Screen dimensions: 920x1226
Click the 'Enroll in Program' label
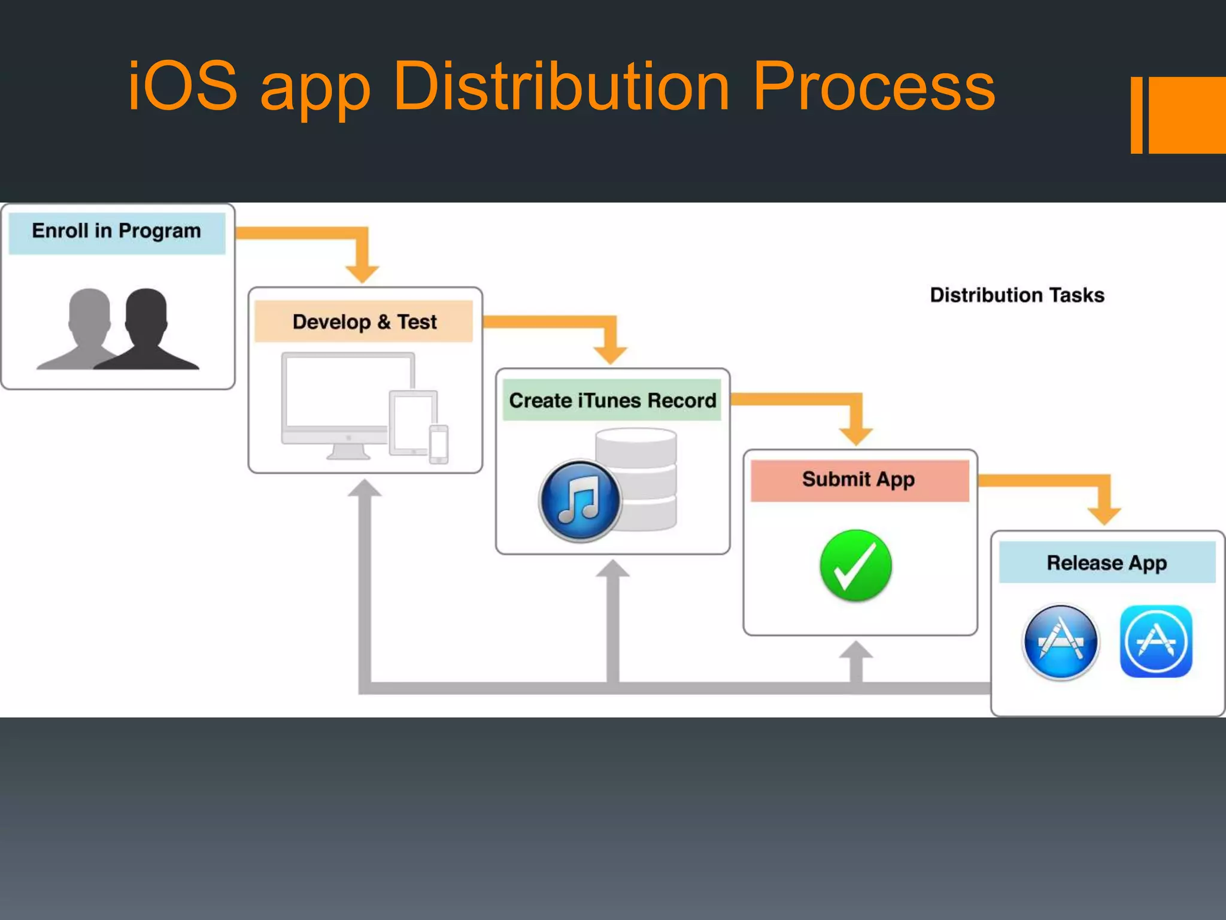(117, 231)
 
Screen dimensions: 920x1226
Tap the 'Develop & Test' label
(364, 322)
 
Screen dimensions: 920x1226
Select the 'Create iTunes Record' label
(612, 400)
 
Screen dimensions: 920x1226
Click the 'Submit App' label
(858, 480)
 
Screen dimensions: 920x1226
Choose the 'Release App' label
(1106, 563)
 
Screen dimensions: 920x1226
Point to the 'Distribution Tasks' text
(1016, 295)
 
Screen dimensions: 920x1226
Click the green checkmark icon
(855, 565)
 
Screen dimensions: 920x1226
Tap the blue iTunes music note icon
(579, 501)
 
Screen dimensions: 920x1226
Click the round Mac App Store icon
(1060, 642)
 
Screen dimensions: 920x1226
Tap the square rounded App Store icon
(1155, 641)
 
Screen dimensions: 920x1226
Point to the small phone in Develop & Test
(439, 444)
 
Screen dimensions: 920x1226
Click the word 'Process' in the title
(873, 87)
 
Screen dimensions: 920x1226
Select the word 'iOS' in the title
(183, 87)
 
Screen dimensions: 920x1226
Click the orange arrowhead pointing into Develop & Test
(362, 273)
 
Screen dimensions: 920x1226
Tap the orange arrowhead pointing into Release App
(1104, 516)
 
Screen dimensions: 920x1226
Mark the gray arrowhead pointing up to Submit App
(856, 651)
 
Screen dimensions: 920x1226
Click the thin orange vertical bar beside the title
(1136, 115)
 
